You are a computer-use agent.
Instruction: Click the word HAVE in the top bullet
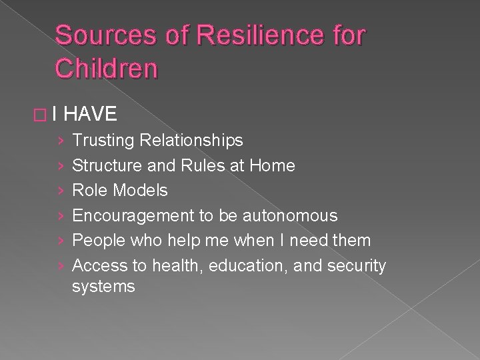pos(91,115)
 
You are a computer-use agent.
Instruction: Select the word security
pos(361,266)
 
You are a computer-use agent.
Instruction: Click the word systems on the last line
pos(103,287)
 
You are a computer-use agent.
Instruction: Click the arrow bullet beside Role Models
pos(61,191)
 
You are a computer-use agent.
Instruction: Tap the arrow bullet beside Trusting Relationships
pos(61,141)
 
